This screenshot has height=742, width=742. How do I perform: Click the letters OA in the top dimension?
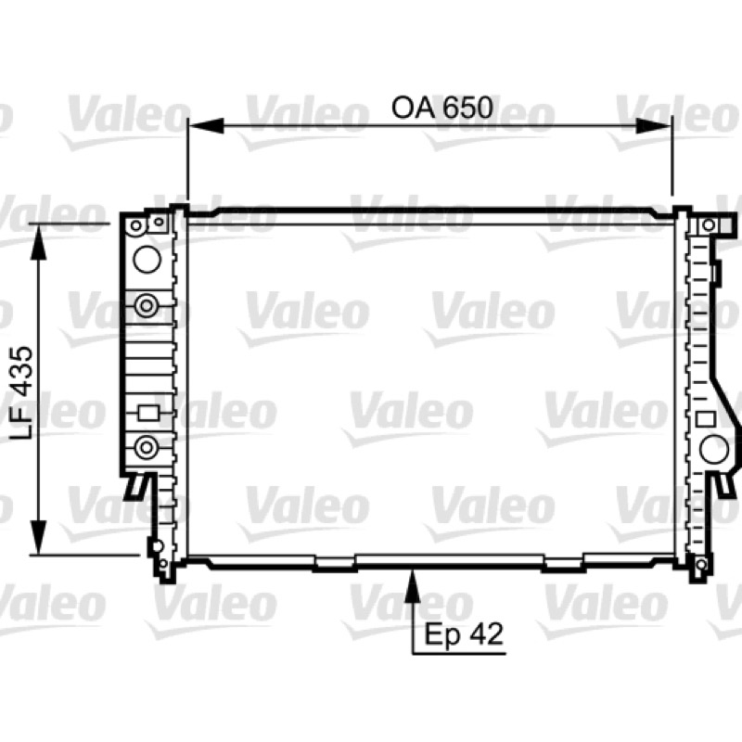tap(412, 108)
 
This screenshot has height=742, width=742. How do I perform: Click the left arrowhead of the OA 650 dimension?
tap(205, 126)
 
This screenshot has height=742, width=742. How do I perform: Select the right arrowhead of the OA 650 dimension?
tap(654, 126)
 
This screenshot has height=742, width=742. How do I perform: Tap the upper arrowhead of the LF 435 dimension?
tap(39, 241)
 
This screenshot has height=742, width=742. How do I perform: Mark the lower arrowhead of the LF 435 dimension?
tap(39, 537)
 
